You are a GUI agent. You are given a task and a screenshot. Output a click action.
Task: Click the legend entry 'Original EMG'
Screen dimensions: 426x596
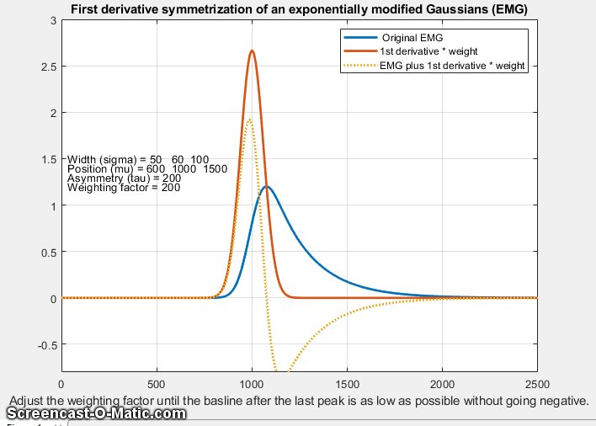point(412,39)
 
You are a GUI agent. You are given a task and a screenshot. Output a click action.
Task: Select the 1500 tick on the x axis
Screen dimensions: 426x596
point(347,383)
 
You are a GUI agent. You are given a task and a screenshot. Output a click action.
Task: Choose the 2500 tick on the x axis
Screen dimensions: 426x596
point(536,383)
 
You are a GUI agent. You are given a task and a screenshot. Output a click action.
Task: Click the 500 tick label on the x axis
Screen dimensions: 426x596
point(157,383)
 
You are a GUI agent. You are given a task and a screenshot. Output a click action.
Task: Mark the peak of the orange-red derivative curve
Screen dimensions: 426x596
point(252,51)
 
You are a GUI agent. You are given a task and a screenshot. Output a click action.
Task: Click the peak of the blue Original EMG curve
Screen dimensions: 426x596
point(267,186)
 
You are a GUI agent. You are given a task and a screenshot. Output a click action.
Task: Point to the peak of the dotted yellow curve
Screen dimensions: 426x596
point(249,119)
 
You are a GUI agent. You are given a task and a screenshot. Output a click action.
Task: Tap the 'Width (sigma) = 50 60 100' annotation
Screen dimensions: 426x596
point(137,159)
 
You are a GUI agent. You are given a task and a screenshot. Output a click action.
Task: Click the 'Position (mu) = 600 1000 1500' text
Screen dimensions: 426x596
point(146,169)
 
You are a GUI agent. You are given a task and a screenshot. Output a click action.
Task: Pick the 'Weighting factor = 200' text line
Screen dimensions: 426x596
point(125,188)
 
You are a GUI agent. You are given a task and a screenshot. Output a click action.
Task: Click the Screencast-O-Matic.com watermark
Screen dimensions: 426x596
point(96,414)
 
